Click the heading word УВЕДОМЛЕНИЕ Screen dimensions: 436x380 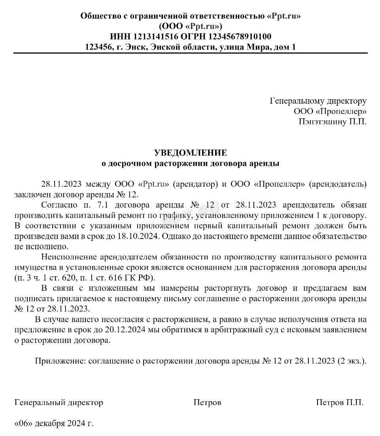point(190,152)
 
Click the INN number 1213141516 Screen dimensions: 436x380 point(156,37)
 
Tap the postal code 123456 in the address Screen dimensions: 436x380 point(98,47)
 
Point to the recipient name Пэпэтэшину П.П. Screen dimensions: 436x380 point(333,121)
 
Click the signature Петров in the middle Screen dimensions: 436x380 point(207,402)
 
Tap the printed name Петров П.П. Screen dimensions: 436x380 point(340,402)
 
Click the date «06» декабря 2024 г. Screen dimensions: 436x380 point(54,423)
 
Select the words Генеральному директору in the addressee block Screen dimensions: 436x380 point(318,101)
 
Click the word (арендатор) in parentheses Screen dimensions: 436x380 point(196,184)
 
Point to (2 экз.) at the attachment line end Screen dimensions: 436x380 point(352,361)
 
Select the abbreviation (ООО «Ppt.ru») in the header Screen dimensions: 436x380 point(190,27)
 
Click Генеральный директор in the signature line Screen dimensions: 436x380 point(59,402)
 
